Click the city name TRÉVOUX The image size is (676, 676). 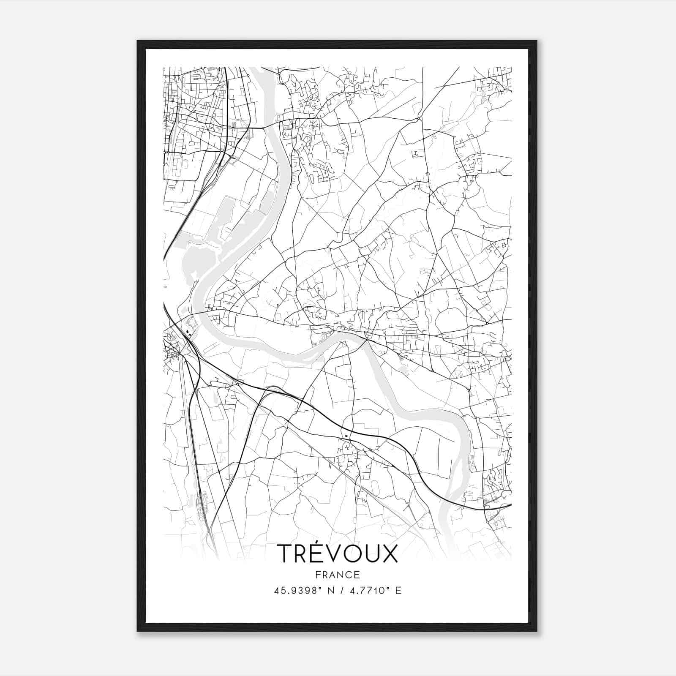(337, 554)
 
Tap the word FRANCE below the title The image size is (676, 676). (337, 575)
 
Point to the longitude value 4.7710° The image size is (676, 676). (367, 590)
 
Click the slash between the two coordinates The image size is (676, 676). (342, 590)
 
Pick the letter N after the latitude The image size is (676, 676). (330, 590)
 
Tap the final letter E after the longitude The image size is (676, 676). (398, 590)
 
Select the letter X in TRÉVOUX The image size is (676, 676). (390, 554)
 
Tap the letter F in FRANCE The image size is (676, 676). (318, 575)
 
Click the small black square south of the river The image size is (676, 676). (346, 435)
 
